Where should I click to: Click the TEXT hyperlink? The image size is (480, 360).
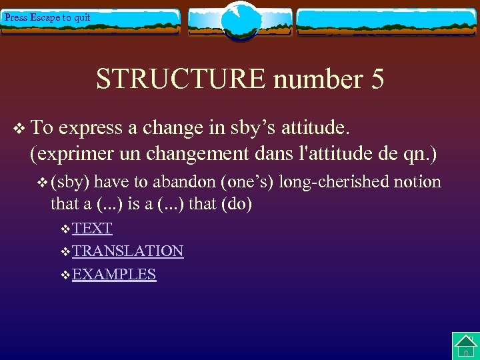click(92, 228)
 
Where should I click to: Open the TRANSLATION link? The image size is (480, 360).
click(127, 251)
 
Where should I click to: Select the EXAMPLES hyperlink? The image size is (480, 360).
click(114, 274)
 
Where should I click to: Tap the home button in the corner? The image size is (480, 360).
click(465, 346)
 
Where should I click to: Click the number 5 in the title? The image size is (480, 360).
click(375, 79)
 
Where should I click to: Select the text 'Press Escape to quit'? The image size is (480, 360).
click(47, 17)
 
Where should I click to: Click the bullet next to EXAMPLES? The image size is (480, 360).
click(65, 275)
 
